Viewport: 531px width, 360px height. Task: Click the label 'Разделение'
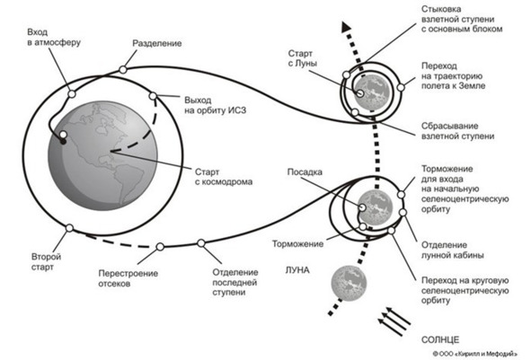point(157,43)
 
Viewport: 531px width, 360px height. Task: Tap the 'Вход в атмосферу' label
point(54,38)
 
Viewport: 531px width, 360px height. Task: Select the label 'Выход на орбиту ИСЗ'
point(215,105)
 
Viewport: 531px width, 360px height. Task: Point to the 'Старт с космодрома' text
point(224,177)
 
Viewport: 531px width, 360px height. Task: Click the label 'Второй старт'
point(47,261)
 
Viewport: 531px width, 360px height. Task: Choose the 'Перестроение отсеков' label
point(128,278)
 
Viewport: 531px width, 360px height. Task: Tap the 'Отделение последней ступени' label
point(235,282)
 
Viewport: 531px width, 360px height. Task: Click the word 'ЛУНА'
point(297,270)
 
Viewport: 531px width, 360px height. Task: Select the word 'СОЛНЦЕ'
point(440,339)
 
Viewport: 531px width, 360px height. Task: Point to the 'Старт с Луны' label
point(303,58)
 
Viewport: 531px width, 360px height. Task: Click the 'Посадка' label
point(305,171)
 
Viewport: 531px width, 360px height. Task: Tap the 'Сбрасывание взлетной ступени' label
point(457,131)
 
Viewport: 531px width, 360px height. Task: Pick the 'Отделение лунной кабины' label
point(452,250)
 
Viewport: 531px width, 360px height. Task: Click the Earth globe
point(102,155)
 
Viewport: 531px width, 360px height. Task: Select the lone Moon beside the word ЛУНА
point(349,283)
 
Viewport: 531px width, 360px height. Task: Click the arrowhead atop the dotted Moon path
point(346,27)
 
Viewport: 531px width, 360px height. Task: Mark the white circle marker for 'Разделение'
point(123,70)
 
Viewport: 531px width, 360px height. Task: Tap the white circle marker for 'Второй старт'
point(69,228)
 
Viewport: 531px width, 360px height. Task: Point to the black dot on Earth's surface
point(63,141)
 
